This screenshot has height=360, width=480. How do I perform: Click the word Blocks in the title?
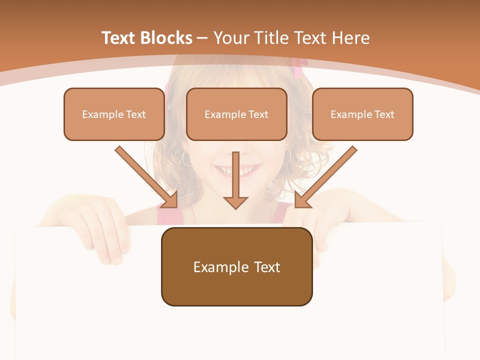pos(166,38)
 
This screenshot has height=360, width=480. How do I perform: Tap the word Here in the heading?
pos(352,38)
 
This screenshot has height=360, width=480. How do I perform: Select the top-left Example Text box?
pos(114,114)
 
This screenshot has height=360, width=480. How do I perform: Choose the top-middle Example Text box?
pos(236,114)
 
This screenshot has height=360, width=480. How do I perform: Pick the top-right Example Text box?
pos(362,114)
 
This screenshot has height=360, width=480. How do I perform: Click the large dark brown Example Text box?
pos(236,266)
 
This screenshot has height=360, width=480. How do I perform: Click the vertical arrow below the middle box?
pos(235,180)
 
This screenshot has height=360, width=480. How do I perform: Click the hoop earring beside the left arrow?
pos(186,158)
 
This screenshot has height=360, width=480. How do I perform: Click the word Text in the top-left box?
pos(135,114)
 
